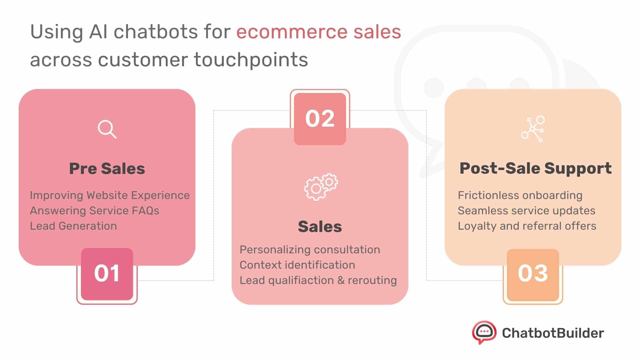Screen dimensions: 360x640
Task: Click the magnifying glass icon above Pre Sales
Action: pyautogui.click(x=107, y=129)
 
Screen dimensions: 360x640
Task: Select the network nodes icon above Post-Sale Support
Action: pyautogui.click(x=533, y=129)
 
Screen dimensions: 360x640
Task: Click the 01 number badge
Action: pyautogui.click(x=107, y=274)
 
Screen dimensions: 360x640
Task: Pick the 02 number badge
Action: pyautogui.click(x=320, y=119)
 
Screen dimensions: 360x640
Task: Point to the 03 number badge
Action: pyautogui.click(x=533, y=274)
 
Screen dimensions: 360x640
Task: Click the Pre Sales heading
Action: pyautogui.click(x=107, y=169)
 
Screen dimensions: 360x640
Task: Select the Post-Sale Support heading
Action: pyautogui.click(x=535, y=168)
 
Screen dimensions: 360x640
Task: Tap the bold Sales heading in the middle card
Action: pyautogui.click(x=320, y=227)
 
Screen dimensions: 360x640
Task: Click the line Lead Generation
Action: pyautogui.click(x=73, y=226)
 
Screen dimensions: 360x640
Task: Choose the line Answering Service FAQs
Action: pyautogui.click(x=94, y=211)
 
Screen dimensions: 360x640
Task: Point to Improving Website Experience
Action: pyautogui.click(x=110, y=195)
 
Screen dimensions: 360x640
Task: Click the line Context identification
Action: pyautogui.click(x=297, y=265)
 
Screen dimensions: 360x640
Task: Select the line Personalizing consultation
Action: pyautogui.click(x=310, y=250)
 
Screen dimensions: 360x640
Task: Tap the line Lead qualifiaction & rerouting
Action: pyautogui.click(x=318, y=280)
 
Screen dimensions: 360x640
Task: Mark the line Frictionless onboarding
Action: pyautogui.click(x=520, y=195)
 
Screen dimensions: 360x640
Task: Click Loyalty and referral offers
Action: pyautogui.click(x=527, y=226)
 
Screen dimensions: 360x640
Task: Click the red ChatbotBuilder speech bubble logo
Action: pyautogui.click(x=484, y=332)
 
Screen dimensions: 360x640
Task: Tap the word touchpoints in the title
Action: pyautogui.click(x=251, y=60)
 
